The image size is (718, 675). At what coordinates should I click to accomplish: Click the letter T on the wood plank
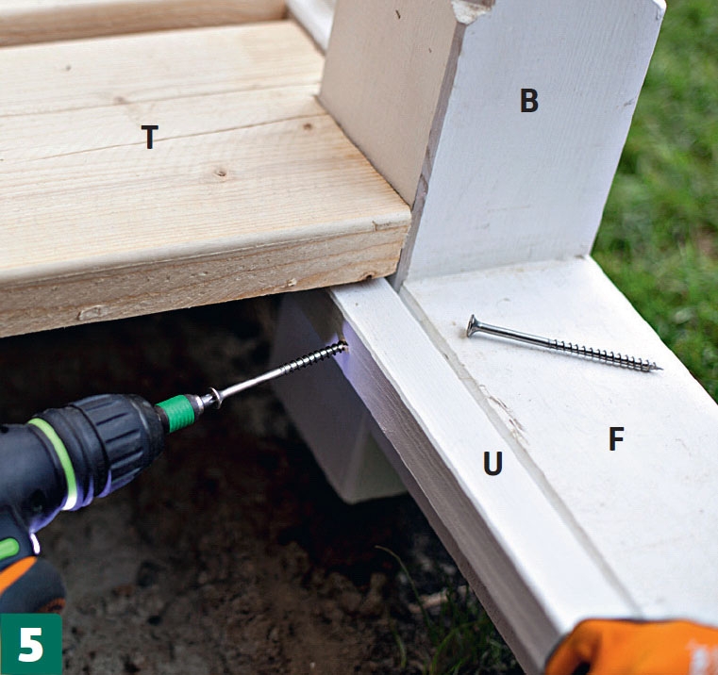click(150, 137)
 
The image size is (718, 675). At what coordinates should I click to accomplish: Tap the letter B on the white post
click(529, 101)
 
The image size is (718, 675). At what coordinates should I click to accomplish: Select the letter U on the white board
click(493, 463)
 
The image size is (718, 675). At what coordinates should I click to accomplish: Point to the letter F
click(616, 438)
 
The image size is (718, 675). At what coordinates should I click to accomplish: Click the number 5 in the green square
click(31, 644)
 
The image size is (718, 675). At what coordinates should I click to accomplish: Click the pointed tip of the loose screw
click(660, 369)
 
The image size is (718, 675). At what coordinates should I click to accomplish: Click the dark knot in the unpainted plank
click(221, 173)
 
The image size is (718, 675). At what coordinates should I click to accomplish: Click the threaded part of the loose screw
click(605, 354)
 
